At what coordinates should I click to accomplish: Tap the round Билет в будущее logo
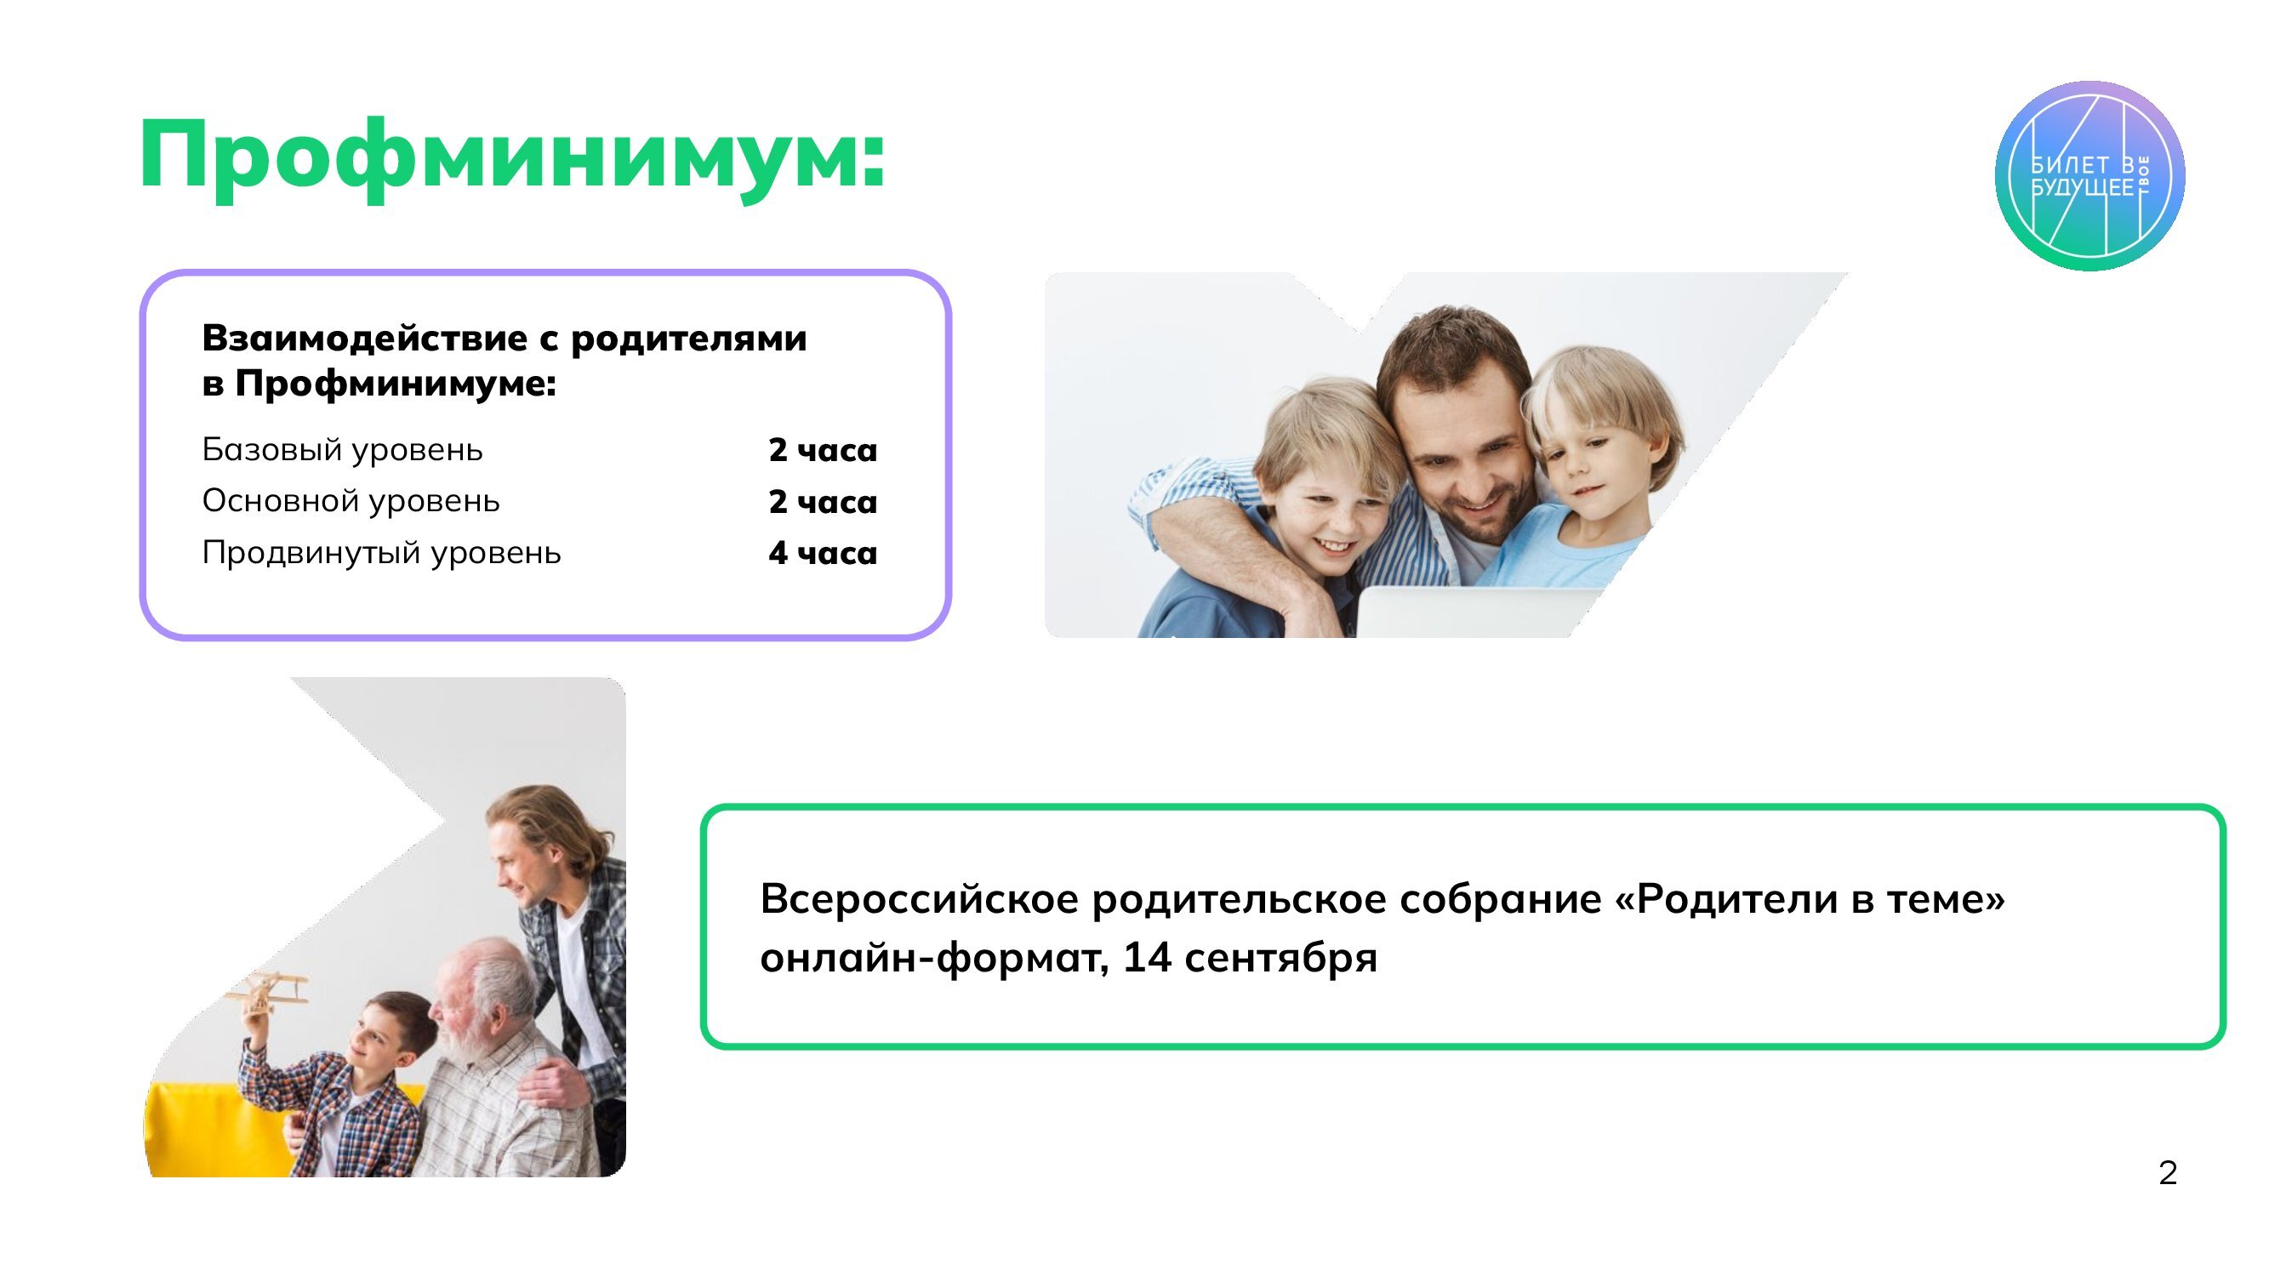pos(2089,176)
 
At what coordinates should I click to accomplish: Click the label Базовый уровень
pos(343,450)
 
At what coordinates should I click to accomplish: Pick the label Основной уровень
pos(351,501)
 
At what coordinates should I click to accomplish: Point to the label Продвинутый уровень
pos(381,553)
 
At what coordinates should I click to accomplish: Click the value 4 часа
pos(823,553)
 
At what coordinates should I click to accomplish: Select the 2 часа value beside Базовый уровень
pos(823,450)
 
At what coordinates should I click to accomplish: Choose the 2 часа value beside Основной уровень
pos(823,501)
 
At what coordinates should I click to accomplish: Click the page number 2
pos(2169,1172)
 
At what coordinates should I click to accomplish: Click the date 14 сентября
pos(1250,957)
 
